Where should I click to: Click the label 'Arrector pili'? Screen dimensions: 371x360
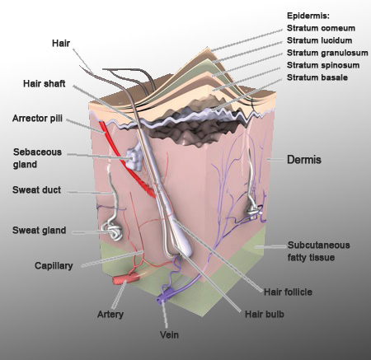point(37,119)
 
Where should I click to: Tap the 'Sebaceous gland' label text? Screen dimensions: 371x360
point(37,158)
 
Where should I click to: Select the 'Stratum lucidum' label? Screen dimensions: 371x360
point(319,40)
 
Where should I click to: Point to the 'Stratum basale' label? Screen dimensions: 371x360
point(317,77)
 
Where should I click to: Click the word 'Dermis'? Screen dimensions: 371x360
point(304,160)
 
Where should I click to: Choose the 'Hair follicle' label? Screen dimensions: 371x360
point(288,292)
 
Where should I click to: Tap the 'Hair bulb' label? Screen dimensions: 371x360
point(265,314)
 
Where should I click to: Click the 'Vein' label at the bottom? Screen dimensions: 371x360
point(169,334)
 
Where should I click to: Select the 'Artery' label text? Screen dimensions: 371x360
point(110,314)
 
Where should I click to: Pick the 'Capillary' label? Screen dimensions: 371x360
point(54,266)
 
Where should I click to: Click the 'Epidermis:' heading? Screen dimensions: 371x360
point(308,16)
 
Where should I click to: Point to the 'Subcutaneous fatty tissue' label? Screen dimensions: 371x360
point(318,251)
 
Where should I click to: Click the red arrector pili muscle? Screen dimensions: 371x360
point(125,159)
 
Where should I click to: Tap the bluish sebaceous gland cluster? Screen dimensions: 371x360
point(134,158)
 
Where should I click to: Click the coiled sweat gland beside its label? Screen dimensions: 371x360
point(112,230)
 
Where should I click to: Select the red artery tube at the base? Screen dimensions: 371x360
point(126,279)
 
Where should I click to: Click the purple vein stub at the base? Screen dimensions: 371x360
point(165,296)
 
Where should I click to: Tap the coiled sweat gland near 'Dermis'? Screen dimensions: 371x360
point(253,211)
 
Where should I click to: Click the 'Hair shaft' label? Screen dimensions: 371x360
point(45,83)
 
